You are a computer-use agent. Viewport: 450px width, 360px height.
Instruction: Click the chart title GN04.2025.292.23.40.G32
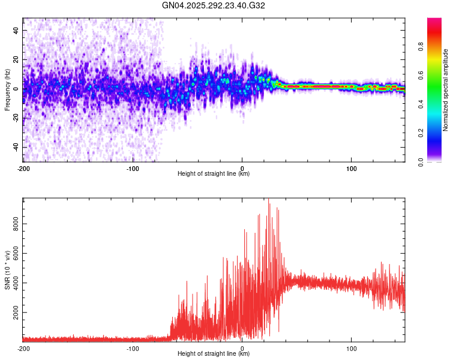[x=214, y=5]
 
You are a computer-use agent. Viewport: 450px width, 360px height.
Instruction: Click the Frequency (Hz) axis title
[x=7, y=90]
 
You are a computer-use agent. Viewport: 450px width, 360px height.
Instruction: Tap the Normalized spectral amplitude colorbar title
[x=446, y=90]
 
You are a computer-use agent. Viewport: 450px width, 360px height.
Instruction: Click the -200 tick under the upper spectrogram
[x=23, y=168]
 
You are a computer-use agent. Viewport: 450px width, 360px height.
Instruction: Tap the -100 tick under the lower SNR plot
[x=133, y=348]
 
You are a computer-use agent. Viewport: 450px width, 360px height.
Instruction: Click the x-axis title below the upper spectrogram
[x=214, y=174]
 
